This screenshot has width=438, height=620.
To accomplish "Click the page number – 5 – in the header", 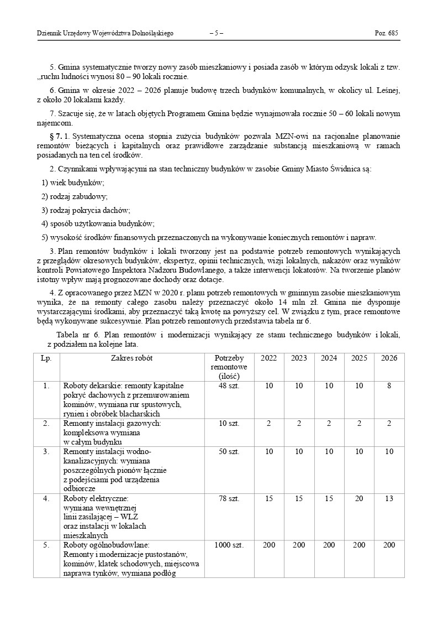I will click(216, 33).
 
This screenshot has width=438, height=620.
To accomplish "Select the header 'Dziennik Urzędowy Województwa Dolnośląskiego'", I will click(105, 33).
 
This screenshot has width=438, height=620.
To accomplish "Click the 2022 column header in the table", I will click(269, 358).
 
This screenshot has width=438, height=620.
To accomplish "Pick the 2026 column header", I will click(389, 358).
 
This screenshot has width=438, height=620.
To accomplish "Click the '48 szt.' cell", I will click(229, 385).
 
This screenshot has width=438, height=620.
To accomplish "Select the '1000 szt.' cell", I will click(229, 545).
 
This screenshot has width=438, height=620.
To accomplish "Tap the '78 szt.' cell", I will click(229, 499).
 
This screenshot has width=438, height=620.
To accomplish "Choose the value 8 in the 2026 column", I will click(389, 385).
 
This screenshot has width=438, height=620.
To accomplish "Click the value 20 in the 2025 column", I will click(359, 499).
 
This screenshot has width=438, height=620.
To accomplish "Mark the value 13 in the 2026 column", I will click(389, 499).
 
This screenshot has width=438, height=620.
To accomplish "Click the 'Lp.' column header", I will click(46, 358).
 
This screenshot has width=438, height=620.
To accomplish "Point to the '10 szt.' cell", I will click(229, 423).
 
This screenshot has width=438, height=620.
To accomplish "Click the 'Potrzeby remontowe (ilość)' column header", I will click(229, 367).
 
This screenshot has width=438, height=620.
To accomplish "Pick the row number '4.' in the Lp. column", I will click(46, 499).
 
